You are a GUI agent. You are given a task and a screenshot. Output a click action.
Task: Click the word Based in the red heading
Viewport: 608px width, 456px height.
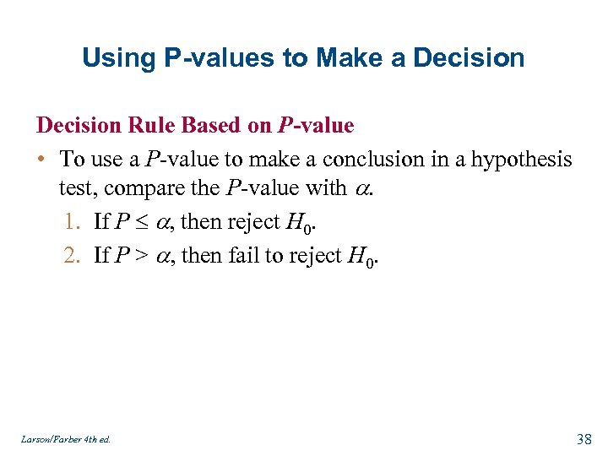coord(213,126)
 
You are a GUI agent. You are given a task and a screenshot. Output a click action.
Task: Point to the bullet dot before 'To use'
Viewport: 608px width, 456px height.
coord(41,160)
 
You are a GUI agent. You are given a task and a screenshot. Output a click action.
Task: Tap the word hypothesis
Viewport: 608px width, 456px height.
coord(518,159)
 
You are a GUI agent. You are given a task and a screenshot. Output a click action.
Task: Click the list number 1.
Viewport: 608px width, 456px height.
coord(71,222)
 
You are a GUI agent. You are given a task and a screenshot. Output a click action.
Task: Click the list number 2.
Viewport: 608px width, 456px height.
coord(71,254)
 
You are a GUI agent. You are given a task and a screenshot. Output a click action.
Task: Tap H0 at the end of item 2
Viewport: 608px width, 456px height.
coord(362,256)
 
